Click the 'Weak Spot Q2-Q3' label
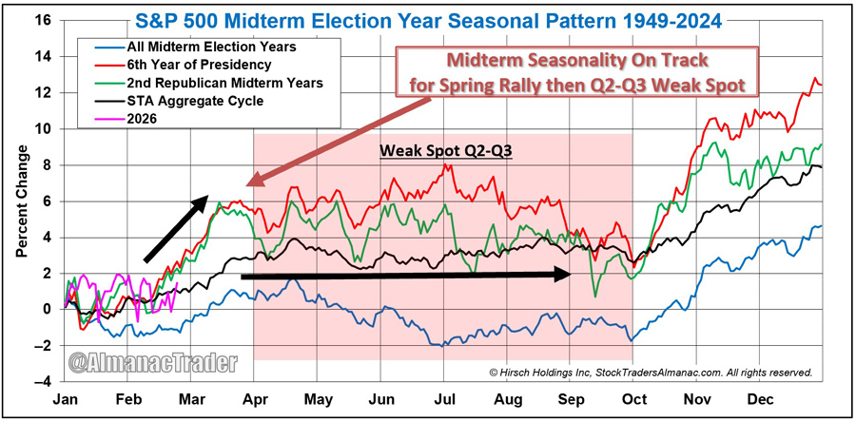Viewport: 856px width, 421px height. pos(446,151)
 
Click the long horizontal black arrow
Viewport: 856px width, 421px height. pos(404,276)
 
